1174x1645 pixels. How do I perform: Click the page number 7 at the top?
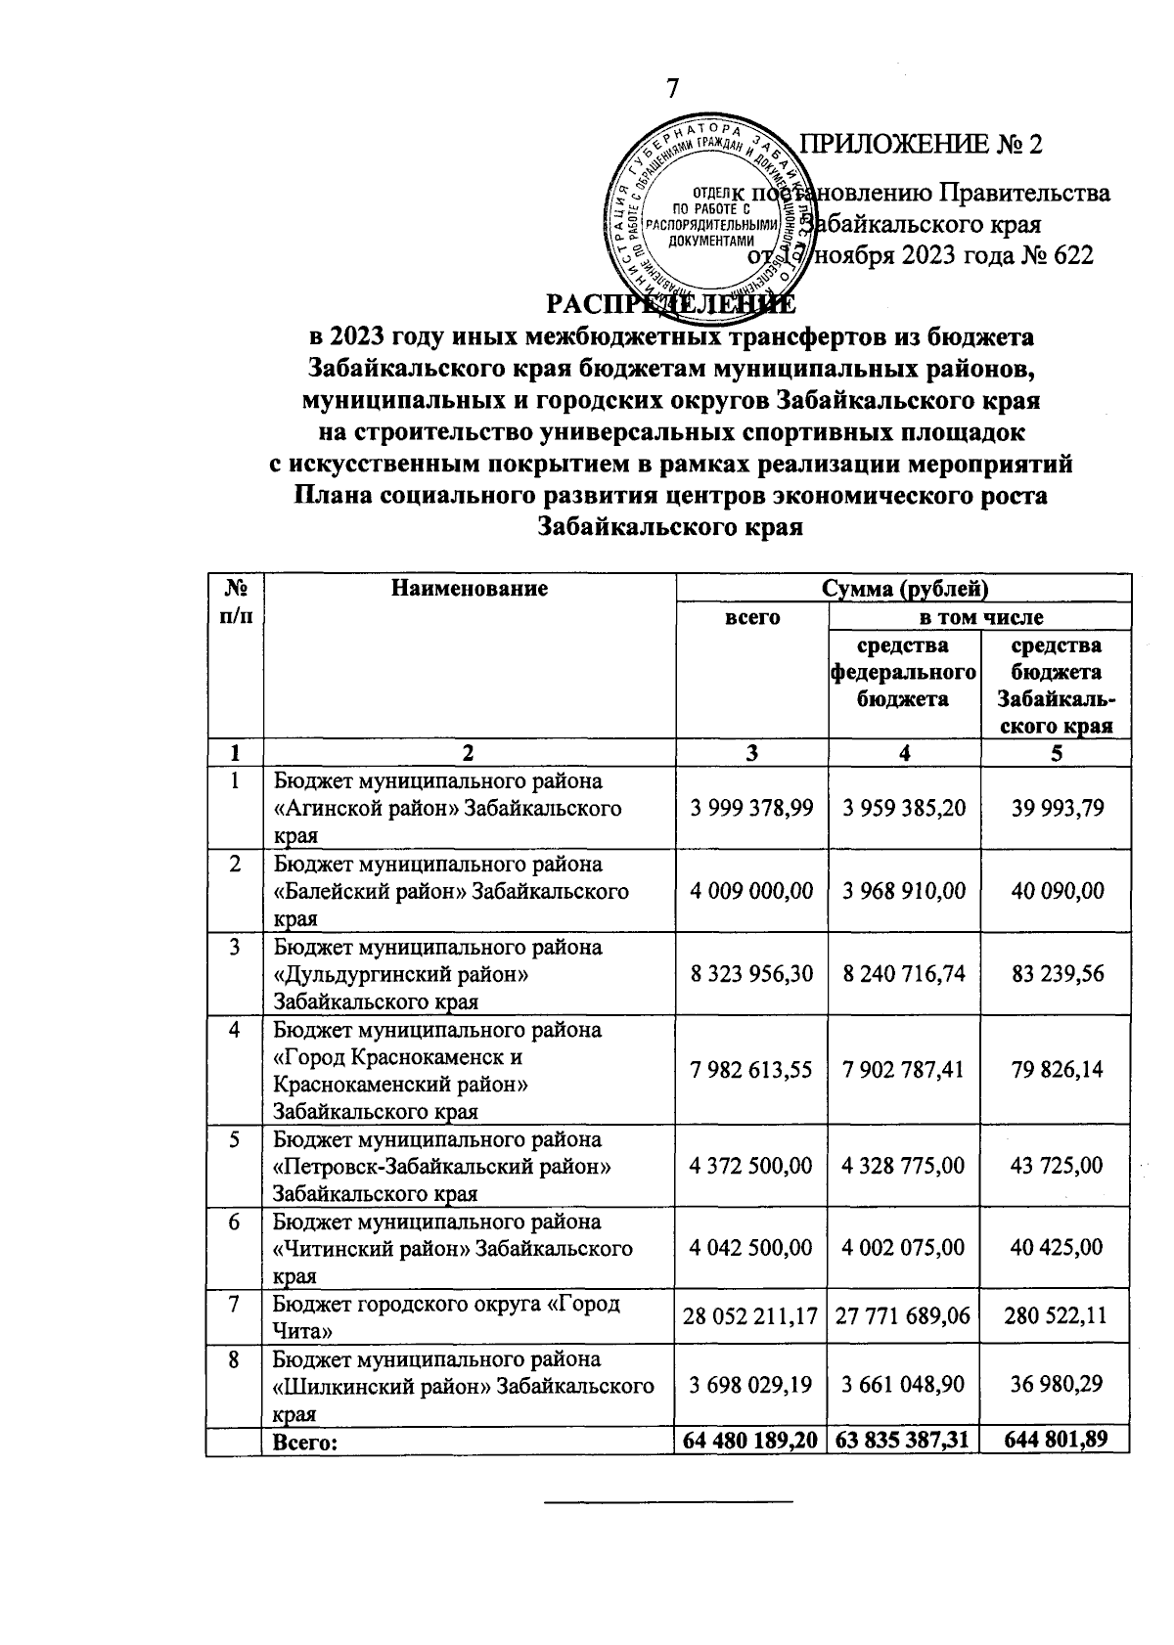[672, 88]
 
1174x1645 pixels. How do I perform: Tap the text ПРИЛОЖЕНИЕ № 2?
[922, 145]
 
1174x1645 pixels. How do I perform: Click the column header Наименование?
[469, 589]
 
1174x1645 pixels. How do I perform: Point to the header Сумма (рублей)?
[904, 589]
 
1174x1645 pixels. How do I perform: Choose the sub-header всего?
[751, 617]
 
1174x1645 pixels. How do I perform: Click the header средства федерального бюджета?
[904, 672]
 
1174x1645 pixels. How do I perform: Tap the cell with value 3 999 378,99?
[751, 808]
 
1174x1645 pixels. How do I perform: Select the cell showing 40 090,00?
[1058, 890]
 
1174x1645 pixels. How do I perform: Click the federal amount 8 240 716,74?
[904, 974]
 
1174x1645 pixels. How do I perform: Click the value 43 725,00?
[1058, 1166]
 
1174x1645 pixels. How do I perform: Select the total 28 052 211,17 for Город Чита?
[751, 1316]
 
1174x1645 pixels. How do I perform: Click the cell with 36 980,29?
[1058, 1385]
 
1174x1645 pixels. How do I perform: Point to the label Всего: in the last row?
[304, 1443]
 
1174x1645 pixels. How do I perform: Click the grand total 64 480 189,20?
[751, 1441]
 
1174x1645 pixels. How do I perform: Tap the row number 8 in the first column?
[234, 1360]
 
